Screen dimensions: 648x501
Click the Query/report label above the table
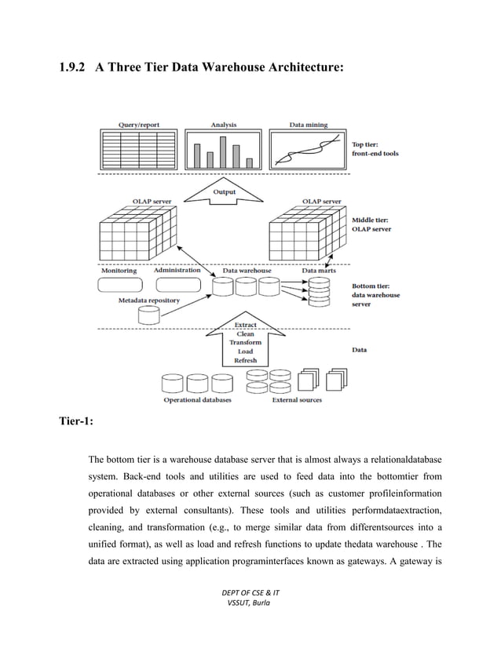(x=138, y=125)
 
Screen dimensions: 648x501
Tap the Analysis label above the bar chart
(x=223, y=125)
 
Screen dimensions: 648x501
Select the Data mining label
(x=309, y=125)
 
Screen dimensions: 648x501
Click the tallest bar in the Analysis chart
(x=223, y=152)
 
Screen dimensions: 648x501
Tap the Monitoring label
(x=119, y=271)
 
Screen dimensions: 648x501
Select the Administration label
(x=177, y=271)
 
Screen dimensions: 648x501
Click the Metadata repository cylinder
(x=148, y=315)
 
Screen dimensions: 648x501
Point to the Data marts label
(x=319, y=271)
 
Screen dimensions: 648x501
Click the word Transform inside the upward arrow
(x=245, y=343)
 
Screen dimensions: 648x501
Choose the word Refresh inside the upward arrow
(x=245, y=360)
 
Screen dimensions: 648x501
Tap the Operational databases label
(x=197, y=400)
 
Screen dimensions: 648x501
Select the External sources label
(x=297, y=400)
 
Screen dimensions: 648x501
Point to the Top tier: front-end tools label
(x=375, y=149)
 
